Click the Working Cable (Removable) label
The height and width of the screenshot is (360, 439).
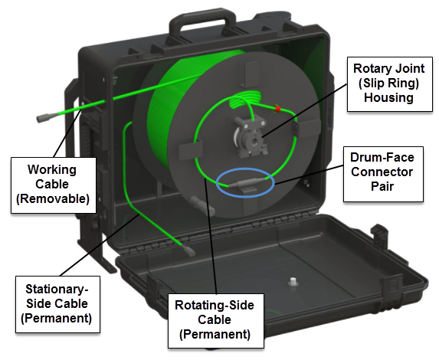pos(52,185)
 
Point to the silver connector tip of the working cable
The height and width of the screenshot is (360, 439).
pos(43,119)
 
